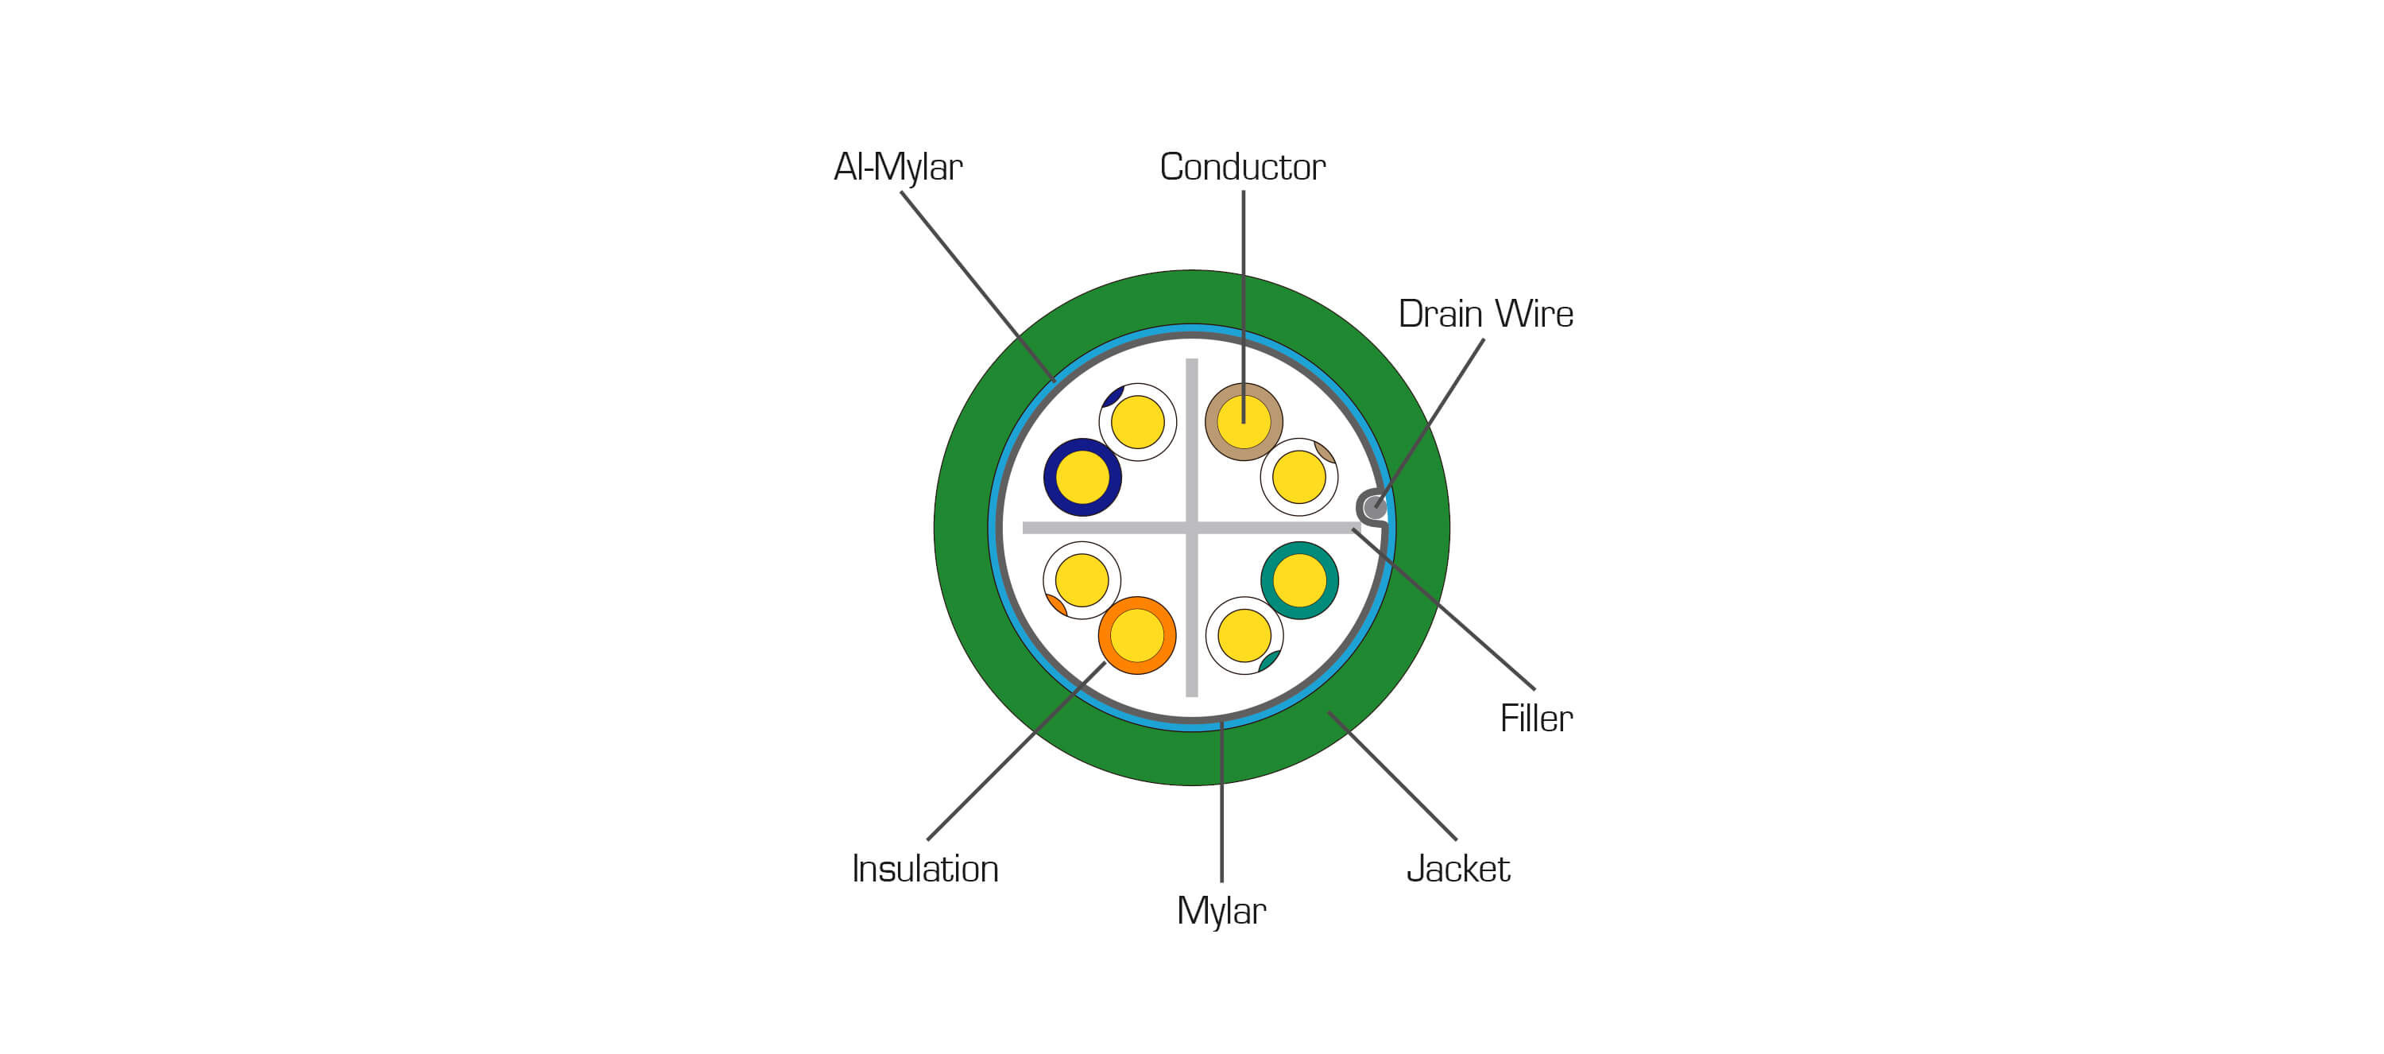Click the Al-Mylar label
898,168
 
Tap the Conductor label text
1242,168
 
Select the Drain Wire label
1485,314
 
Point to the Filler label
1536,718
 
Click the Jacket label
1457,869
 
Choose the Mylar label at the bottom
1221,912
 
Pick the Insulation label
924,869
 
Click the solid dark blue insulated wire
1083,478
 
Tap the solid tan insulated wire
1244,422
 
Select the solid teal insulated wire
1299,580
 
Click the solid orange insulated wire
1137,636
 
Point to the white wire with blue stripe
1137,422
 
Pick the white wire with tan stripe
1299,478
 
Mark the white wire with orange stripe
1082,580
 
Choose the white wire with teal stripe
1244,636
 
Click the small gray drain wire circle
1373,508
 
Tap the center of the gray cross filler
1192,529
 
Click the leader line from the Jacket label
1392,776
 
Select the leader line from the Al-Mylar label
978,287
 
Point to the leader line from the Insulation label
1016,751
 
